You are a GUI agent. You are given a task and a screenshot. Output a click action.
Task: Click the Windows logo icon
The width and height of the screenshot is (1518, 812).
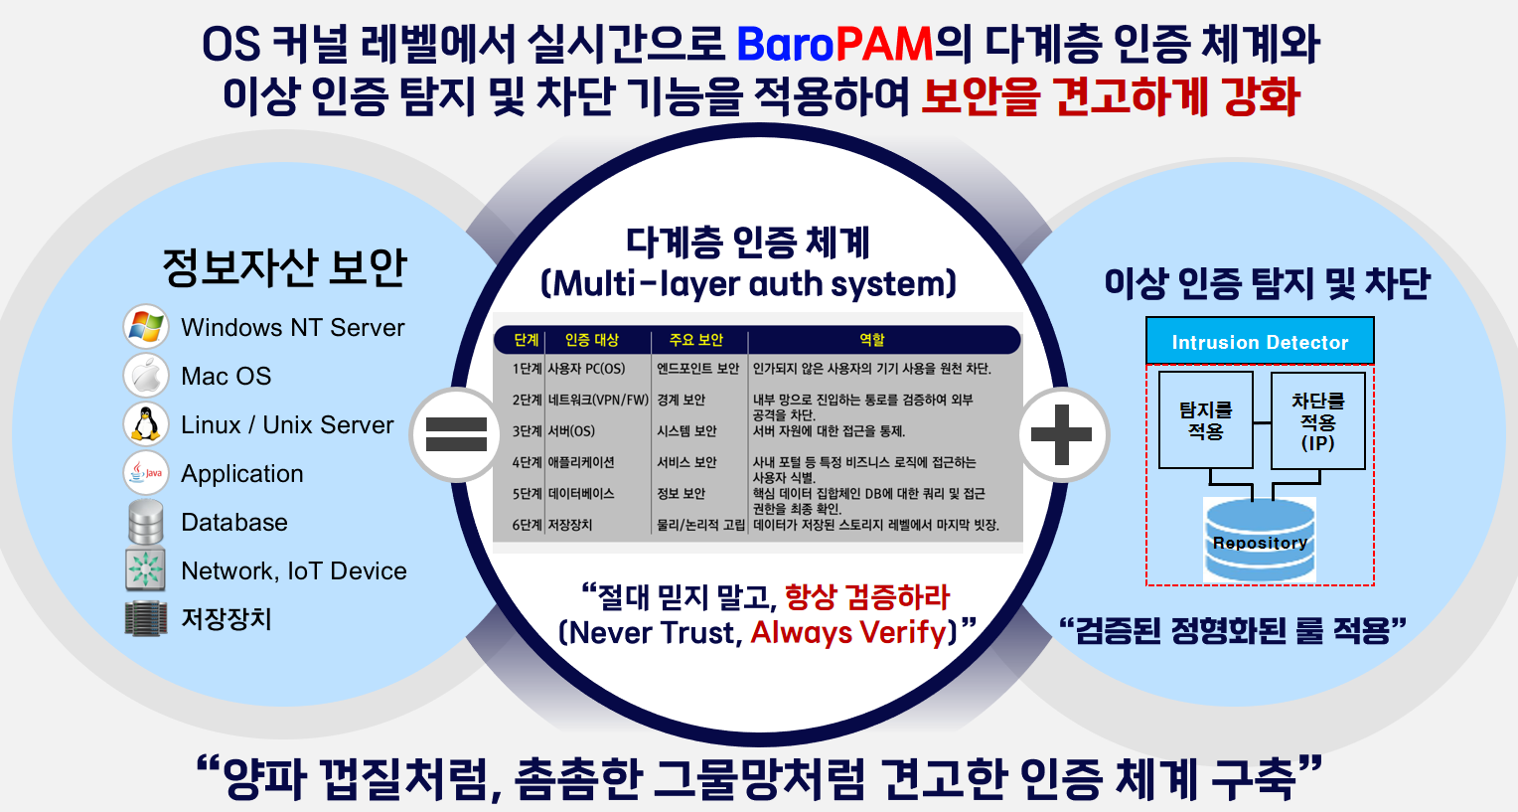pyautogui.click(x=146, y=327)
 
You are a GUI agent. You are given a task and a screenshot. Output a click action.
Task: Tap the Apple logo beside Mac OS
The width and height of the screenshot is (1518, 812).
pyautogui.click(x=146, y=376)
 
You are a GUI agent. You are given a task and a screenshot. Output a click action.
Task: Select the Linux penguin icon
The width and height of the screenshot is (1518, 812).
pyautogui.click(x=146, y=424)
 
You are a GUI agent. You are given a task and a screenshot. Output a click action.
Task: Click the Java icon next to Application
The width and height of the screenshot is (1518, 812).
pyautogui.click(x=146, y=473)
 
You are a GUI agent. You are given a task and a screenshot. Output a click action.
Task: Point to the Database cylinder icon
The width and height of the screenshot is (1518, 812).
pyautogui.click(x=146, y=522)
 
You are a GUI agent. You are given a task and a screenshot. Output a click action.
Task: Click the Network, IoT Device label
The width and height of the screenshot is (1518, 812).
pyautogui.click(x=293, y=571)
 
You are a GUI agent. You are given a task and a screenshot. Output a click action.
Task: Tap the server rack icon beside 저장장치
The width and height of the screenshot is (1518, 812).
pyautogui.click(x=146, y=618)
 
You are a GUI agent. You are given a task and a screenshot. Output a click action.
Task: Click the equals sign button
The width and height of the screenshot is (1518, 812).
pyautogui.click(x=456, y=434)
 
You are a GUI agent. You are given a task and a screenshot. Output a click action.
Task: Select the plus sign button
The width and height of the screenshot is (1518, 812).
pyautogui.click(x=1062, y=434)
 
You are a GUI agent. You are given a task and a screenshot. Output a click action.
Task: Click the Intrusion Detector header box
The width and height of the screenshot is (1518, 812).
pyautogui.click(x=1260, y=342)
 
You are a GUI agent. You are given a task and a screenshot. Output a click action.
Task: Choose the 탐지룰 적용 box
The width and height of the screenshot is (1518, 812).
pyautogui.click(x=1206, y=420)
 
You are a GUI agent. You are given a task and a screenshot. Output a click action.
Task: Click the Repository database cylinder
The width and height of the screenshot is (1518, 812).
pyautogui.click(x=1260, y=541)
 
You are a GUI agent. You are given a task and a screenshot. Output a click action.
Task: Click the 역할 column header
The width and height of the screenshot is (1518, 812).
pyautogui.click(x=871, y=340)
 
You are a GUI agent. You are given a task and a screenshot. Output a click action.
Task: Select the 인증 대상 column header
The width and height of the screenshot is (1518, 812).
pyautogui.click(x=592, y=340)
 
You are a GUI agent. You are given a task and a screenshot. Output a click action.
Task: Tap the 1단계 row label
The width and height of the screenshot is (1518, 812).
pyautogui.click(x=527, y=369)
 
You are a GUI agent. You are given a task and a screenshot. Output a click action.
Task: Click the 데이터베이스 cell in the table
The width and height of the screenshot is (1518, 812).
pyautogui.click(x=581, y=494)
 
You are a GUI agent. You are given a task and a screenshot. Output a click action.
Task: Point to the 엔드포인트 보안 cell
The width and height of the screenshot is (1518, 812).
pyautogui.click(x=698, y=369)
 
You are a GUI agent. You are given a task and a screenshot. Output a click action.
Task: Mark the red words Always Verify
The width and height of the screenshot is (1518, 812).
pyautogui.click(x=848, y=632)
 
